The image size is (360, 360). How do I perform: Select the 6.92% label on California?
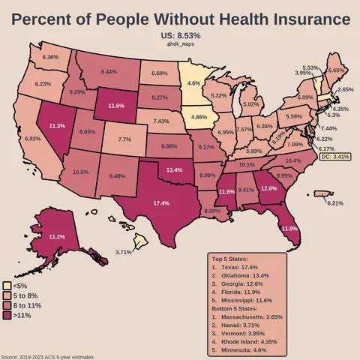click(x=33, y=139)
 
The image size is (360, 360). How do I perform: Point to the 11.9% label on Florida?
click(x=289, y=227)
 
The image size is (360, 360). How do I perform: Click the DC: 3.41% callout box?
click(x=335, y=157)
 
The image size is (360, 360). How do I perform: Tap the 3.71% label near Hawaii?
click(x=124, y=251)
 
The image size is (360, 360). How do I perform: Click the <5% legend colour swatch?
click(x=7, y=286)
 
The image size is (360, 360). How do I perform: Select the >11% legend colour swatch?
click(x=7, y=317)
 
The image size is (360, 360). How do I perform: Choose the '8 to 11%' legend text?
click(x=28, y=307)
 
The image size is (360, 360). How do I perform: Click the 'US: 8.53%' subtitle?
click(x=181, y=35)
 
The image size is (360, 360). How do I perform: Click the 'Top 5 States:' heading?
click(x=234, y=259)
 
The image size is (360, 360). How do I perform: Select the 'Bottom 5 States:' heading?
click(x=240, y=309)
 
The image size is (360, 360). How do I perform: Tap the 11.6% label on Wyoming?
click(x=115, y=106)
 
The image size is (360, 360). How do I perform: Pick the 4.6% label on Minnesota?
click(x=193, y=83)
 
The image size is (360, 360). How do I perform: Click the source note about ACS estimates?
click(x=47, y=357)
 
